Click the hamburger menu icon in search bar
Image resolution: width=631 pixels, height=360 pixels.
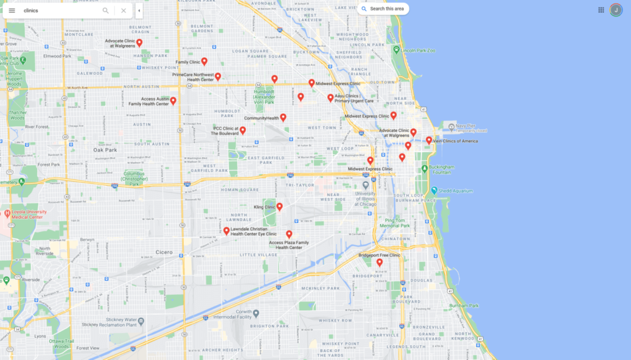[12, 10]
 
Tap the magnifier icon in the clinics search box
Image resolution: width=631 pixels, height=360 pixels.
[105, 10]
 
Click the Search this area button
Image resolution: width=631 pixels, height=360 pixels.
[383, 9]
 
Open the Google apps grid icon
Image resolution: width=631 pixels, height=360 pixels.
[601, 10]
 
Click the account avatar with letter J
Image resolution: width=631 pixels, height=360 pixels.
[616, 10]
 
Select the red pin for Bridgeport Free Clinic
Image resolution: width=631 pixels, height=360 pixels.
[380, 263]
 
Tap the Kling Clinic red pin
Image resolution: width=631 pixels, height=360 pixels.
[279, 207]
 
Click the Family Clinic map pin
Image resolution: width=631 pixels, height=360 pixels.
[204, 62]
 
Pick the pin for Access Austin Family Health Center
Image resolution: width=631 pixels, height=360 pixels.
[173, 101]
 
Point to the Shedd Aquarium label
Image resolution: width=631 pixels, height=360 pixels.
[456, 191]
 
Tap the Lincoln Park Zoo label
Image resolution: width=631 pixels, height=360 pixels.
[418, 50]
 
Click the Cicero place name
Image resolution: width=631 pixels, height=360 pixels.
[164, 252]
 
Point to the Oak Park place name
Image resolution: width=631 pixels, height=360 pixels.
[105, 150]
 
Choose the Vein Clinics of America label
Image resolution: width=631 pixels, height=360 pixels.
[455, 141]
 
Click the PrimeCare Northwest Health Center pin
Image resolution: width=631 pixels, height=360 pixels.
[218, 77]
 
